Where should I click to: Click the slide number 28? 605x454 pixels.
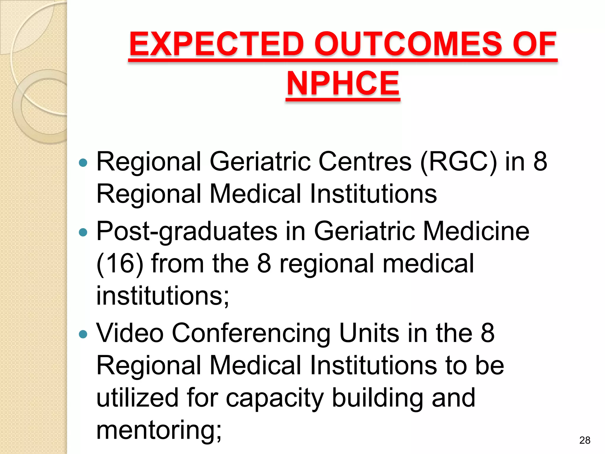pyautogui.click(x=585, y=440)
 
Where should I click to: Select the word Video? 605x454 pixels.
pyautogui.click(x=130, y=333)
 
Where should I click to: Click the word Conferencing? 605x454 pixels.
pyautogui.click(x=251, y=333)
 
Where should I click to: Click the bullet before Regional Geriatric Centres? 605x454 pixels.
pyautogui.click(x=84, y=163)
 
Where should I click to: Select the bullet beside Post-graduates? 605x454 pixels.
pyautogui.click(x=84, y=232)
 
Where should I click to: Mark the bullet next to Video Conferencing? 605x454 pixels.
pyautogui.click(x=84, y=334)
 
